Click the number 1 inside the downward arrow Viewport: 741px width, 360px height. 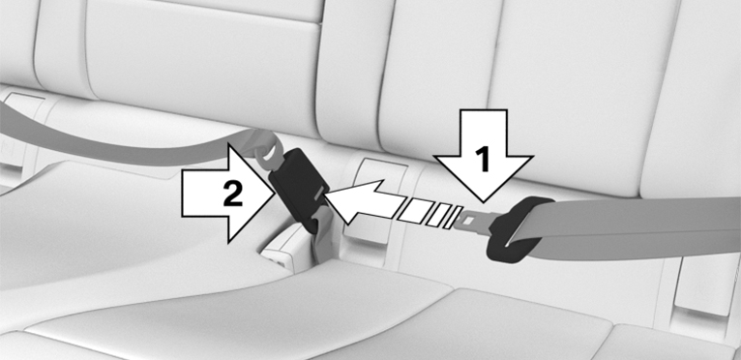(483, 160)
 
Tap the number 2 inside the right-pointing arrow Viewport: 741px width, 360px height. (232, 194)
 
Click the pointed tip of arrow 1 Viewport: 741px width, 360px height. (484, 203)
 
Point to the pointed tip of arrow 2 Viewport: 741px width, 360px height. (273, 194)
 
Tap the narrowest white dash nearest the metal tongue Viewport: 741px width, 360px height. (454, 217)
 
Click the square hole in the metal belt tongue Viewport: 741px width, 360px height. (469, 220)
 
